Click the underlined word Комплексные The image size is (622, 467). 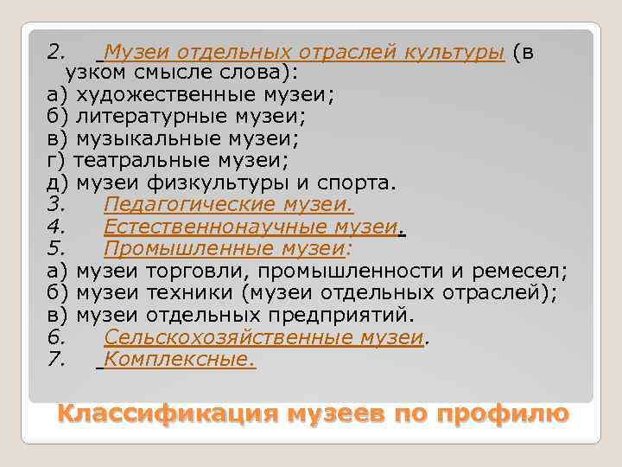point(179,360)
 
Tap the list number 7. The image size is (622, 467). point(56,360)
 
